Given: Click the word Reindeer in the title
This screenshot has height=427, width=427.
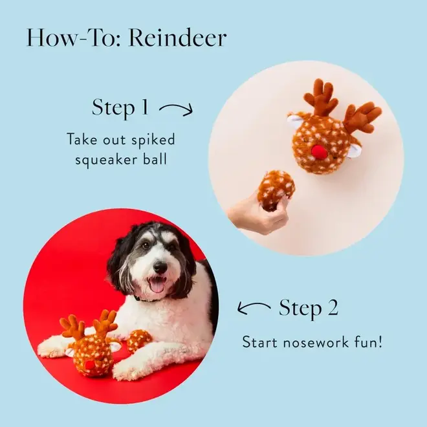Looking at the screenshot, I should click(x=177, y=38).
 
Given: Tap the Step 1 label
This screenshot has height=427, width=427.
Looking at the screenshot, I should click(x=120, y=107).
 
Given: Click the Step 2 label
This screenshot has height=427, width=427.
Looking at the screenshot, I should click(x=309, y=308).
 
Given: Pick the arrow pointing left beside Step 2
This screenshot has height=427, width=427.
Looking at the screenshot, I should click(x=254, y=308).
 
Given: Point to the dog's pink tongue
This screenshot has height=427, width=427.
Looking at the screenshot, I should click(x=157, y=285).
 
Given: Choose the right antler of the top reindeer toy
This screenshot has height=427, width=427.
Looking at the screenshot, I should click(x=362, y=116).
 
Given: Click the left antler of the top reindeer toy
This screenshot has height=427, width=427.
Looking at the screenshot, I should click(x=320, y=97).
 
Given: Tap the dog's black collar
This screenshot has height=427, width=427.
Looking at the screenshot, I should click(x=146, y=299).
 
